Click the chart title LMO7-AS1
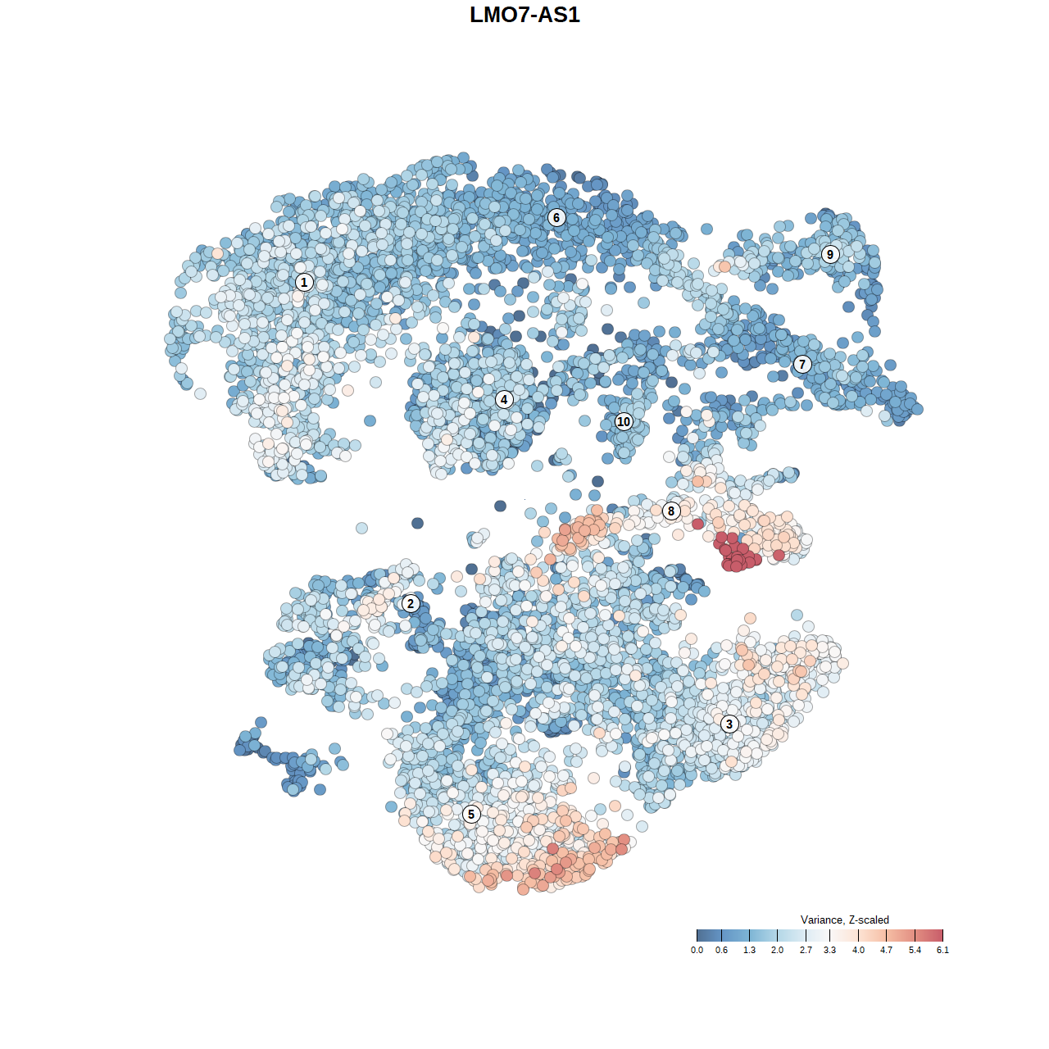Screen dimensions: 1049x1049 [x=524, y=15]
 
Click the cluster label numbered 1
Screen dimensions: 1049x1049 [x=304, y=282]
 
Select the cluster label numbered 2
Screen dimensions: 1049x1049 [x=411, y=604]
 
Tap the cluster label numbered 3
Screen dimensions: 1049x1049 [x=729, y=724]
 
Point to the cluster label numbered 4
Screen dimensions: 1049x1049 [x=504, y=399]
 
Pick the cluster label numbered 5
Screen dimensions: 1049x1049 [x=471, y=814]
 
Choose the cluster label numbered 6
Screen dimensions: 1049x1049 [x=556, y=217]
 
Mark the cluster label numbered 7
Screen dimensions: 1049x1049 [x=802, y=365]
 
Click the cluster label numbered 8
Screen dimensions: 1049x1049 [x=671, y=511]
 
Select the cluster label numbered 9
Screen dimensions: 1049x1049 [x=830, y=254]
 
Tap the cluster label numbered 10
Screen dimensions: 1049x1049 [x=624, y=421]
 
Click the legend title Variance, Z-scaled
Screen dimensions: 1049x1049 [x=844, y=920]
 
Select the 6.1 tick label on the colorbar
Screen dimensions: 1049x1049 [x=942, y=950]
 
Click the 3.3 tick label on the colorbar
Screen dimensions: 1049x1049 [x=829, y=950]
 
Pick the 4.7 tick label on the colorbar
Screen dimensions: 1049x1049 [x=886, y=950]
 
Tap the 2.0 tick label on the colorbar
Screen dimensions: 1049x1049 [x=777, y=950]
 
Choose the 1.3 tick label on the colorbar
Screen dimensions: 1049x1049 [x=749, y=950]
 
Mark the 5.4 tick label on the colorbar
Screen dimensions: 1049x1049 [x=915, y=950]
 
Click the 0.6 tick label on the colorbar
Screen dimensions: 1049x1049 [x=721, y=950]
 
